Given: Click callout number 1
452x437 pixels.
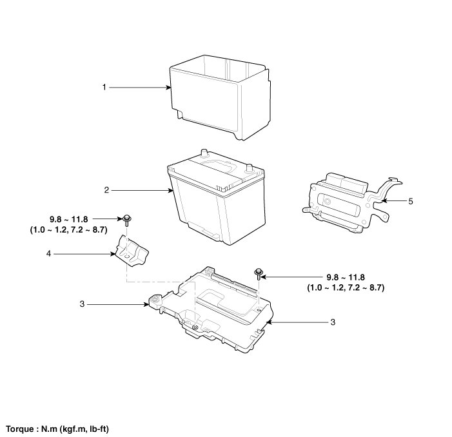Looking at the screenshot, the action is pos(104,86).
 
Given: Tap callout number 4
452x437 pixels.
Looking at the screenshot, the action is pos(49,254).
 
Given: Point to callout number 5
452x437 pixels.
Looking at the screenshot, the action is pos(411,201).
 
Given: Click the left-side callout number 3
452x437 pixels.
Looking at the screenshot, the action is pos(81,303).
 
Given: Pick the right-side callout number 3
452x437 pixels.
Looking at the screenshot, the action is pos(332,321).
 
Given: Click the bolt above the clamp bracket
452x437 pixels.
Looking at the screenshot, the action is pos(127,218).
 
